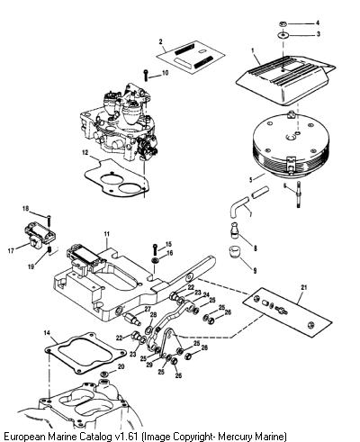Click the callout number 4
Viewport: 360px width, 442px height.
[318, 23]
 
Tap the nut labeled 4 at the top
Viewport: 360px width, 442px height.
[283, 23]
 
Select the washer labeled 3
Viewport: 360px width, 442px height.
[283, 35]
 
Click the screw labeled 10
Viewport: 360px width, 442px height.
[146, 75]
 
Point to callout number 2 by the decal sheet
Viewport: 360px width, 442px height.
[161, 41]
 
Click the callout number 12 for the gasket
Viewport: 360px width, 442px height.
[85, 152]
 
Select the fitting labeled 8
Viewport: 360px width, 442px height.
[235, 230]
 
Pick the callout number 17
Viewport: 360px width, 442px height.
[11, 250]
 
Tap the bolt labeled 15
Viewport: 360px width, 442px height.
[154, 249]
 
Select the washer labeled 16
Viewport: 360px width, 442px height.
[155, 260]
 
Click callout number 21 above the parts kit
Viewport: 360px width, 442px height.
[304, 287]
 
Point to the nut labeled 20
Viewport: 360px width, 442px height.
[104, 374]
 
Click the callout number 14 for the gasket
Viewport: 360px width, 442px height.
[47, 333]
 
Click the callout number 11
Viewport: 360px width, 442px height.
[107, 234]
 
